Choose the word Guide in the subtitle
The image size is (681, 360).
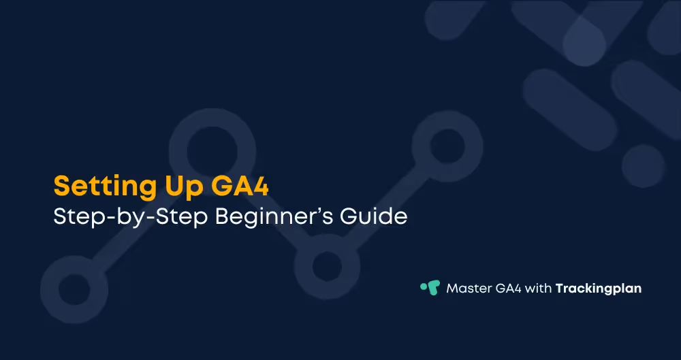[380, 218]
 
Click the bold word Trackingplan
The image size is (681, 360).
[599, 289]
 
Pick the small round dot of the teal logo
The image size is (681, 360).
[424, 285]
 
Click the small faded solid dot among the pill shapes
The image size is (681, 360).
[642, 166]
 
